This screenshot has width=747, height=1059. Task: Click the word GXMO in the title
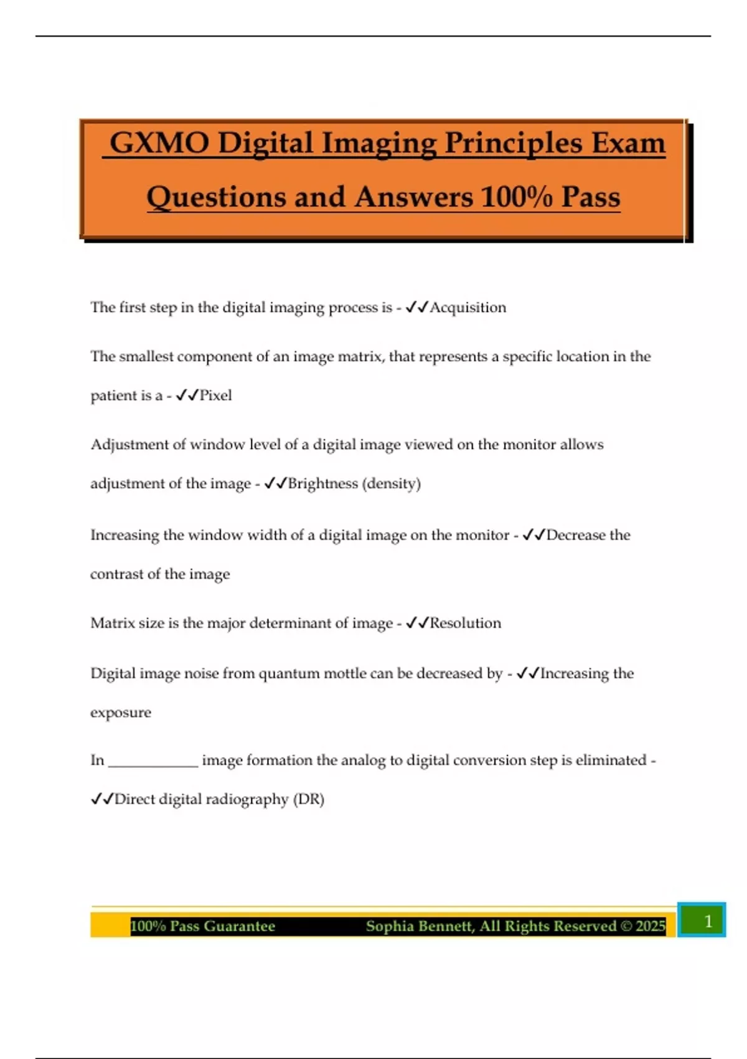click(159, 143)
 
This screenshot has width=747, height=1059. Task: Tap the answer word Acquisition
click(468, 307)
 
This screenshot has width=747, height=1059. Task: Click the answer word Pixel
click(215, 396)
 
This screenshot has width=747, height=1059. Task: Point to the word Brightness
click(322, 483)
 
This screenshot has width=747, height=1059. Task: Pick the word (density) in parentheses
click(392, 483)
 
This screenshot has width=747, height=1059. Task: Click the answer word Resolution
click(466, 623)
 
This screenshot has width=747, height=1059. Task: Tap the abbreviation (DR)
click(309, 799)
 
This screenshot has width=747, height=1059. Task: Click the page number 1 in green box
click(708, 921)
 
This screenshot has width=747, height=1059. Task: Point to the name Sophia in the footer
click(388, 926)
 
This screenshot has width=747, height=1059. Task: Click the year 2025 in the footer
click(651, 926)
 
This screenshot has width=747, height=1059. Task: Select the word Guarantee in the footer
click(239, 926)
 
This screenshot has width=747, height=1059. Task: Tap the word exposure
click(121, 713)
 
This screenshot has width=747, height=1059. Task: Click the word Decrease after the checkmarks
click(575, 535)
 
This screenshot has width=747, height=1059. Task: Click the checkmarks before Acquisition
click(416, 307)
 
